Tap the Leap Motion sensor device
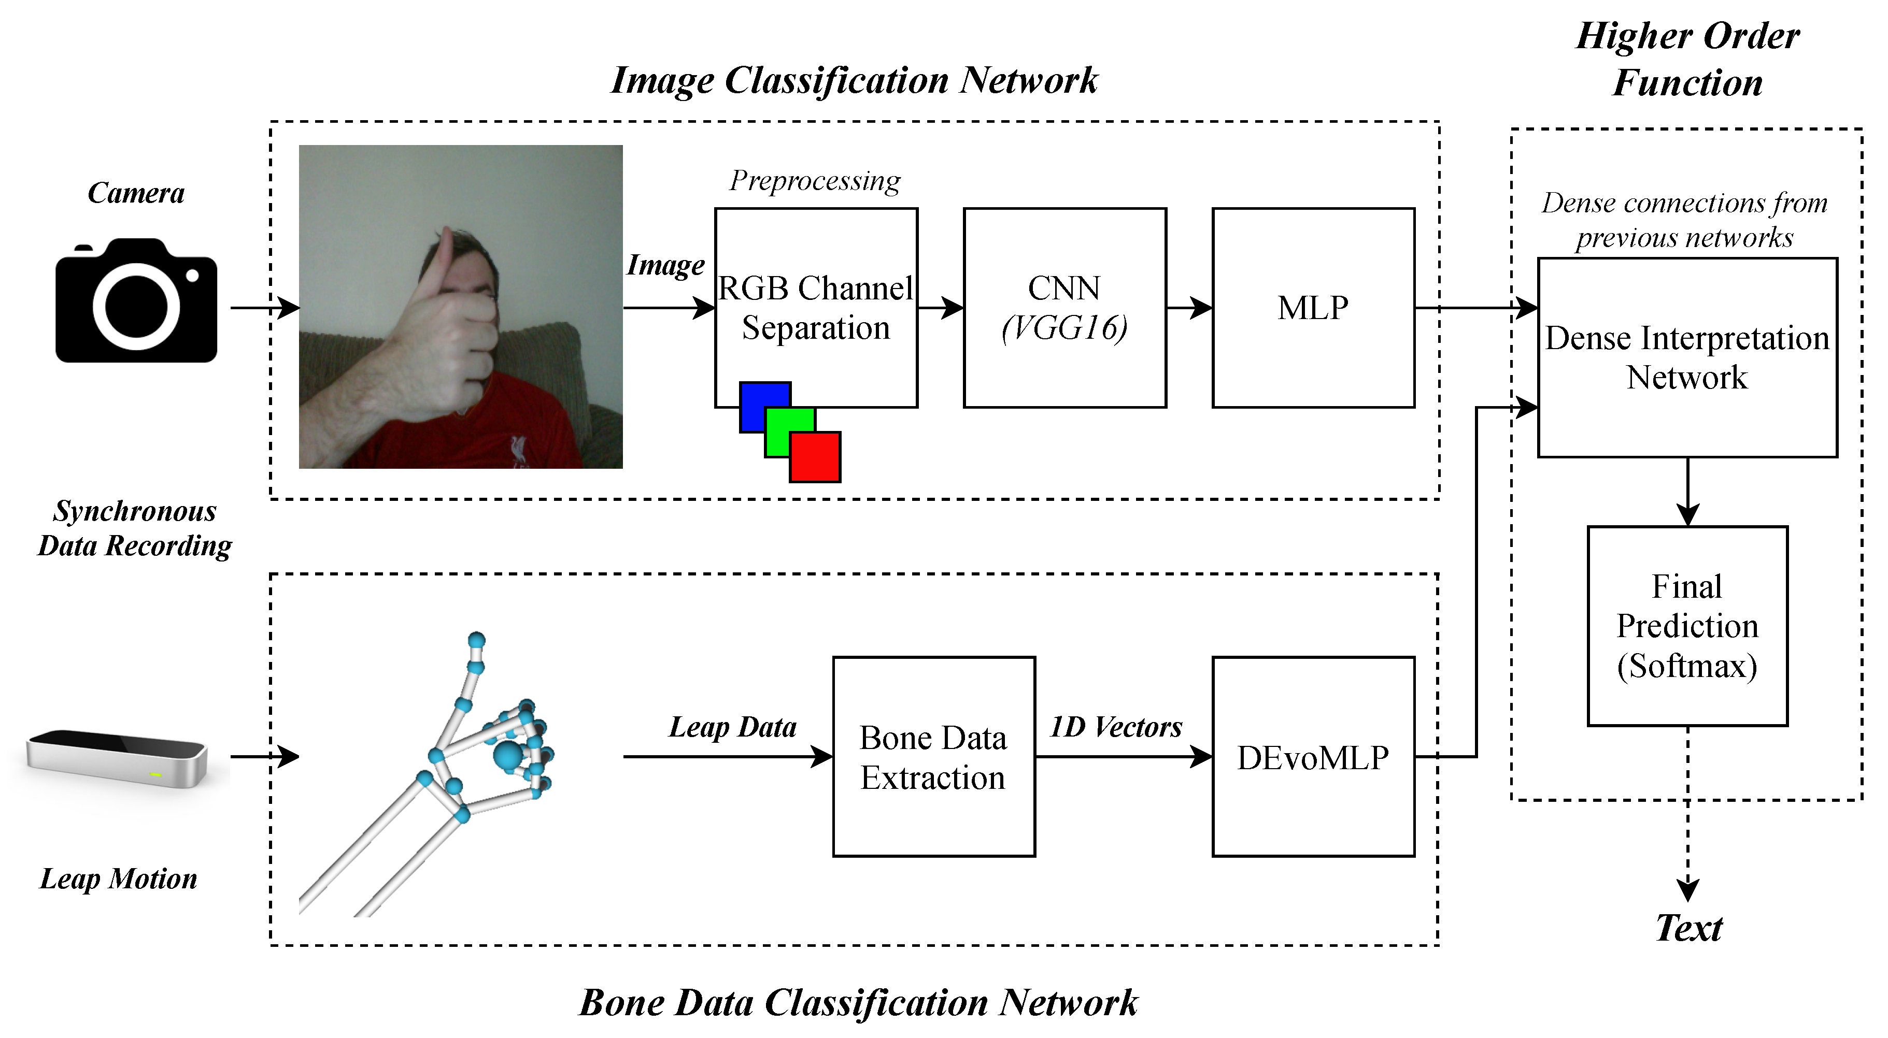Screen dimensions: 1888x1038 [117, 758]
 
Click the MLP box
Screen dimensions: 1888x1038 [1313, 308]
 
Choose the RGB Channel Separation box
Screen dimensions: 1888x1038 [816, 308]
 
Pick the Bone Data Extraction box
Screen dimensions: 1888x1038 [934, 757]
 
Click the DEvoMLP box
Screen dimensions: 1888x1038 [1313, 757]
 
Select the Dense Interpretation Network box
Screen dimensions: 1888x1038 [1687, 357]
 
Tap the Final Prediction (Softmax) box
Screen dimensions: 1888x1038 [1687, 626]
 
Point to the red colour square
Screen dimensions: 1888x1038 [815, 457]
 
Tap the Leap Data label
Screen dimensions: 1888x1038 [733, 727]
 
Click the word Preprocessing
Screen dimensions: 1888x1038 [815, 181]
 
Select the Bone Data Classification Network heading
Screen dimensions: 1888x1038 [858, 1003]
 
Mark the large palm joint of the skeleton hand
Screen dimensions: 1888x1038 [507, 756]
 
